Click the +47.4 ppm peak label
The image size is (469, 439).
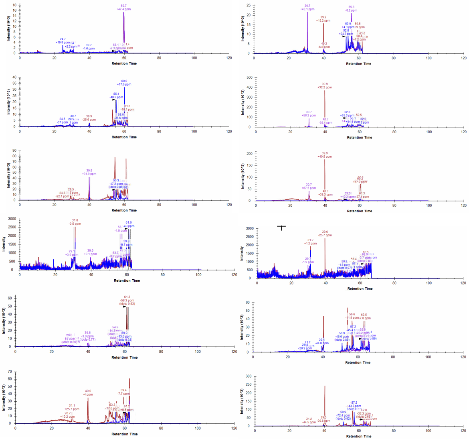coord(123,9)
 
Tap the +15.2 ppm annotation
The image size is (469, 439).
coord(323,20)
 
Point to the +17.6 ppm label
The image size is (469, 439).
coord(124,84)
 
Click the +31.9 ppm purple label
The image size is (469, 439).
coord(89,174)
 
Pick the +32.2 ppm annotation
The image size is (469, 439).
coord(325,87)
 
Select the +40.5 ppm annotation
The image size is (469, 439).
coord(325,156)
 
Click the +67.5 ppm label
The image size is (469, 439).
coord(309,188)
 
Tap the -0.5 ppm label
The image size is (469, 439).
coord(75,224)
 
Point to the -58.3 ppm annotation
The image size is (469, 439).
coord(127,300)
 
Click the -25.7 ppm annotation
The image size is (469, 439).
coord(325,235)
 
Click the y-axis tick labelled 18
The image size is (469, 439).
coord(14,5)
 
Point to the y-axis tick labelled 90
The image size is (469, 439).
coord(14,151)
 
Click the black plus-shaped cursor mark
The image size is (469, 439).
coord(281,227)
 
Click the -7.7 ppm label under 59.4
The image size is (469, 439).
coord(123,394)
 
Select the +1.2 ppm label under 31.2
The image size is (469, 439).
coord(310,243)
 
